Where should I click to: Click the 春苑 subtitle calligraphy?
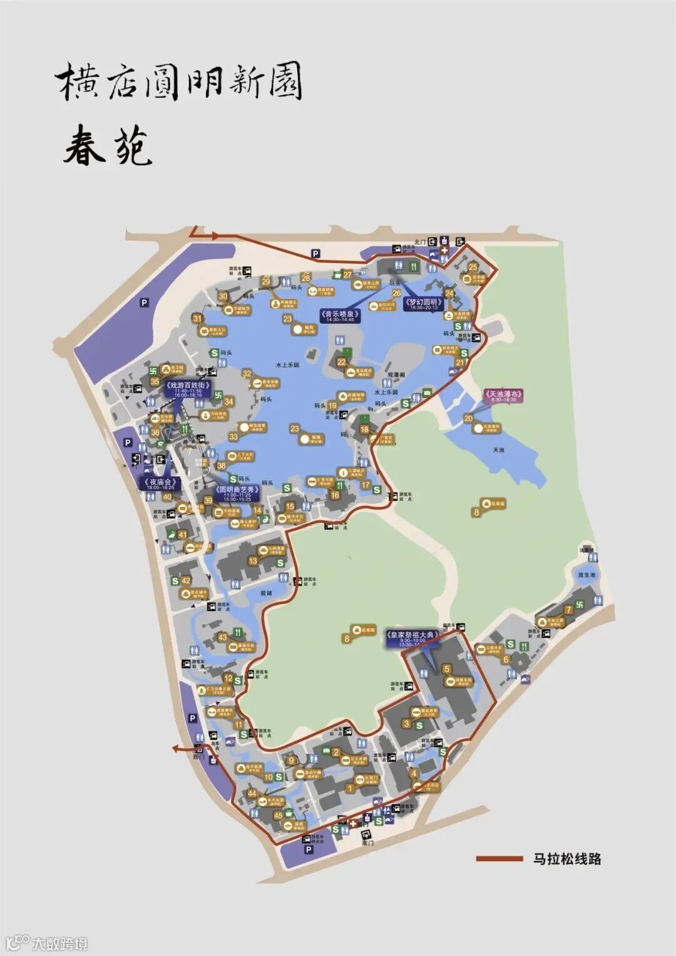point(108,146)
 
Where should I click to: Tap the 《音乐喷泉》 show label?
point(339,316)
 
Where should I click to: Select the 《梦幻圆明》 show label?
point(424,304)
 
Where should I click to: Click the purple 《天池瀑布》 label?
point(504,397)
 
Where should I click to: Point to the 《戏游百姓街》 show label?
point(188,389)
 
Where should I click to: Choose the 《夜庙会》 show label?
point(159,484)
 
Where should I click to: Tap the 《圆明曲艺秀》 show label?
point(236,492)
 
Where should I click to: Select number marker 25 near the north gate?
point(473,267)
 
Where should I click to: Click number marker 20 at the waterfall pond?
point(468,418)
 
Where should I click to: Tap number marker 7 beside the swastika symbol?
point(568,610)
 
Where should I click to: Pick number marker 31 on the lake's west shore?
point(198,319)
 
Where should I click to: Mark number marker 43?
point(222,637)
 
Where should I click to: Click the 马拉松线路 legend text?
point(567,859)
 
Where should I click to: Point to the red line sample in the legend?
point(499,859)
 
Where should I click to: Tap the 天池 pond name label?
point(498,450)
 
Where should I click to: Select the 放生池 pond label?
point(586,574)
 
